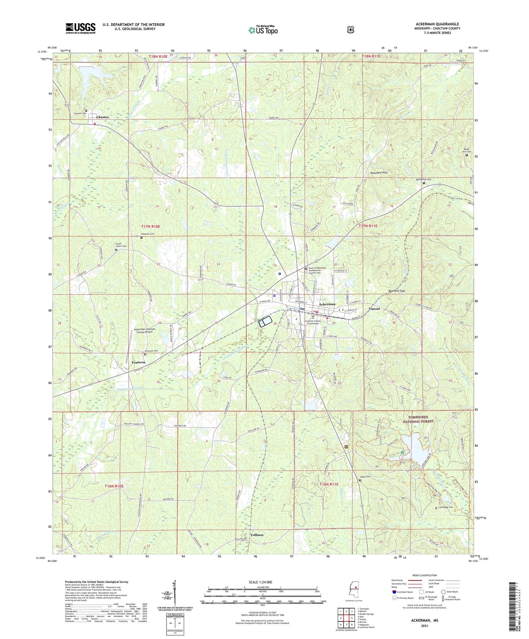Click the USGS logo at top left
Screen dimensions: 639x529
[x=81, y=28]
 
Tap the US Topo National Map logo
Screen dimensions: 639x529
[x=263, y=30]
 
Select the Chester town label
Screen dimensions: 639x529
[x=103, y=117]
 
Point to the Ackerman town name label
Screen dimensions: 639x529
[x=327, y=304]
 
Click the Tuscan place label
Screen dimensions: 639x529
[x=374, y=309]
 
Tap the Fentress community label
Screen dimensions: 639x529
[x=138, y=362]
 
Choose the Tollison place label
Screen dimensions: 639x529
[x=257, y=535]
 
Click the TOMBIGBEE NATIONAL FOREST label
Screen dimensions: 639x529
[x=418, y=419]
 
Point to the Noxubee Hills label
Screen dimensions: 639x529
[x=379, y=172]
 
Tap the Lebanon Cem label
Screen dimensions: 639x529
[x=148, y=234]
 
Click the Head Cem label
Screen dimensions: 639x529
[x=366, y=477]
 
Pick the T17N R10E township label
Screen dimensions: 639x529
[x=151, y=227]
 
